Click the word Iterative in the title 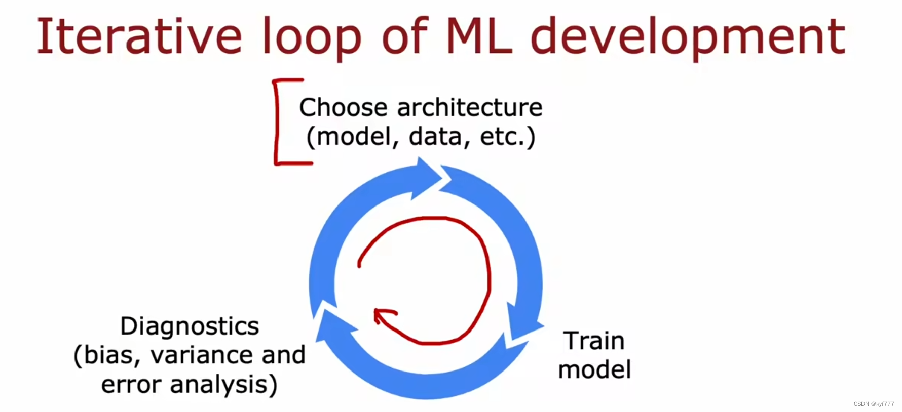coord(139,36)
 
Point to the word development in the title coord(688,38)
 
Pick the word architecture coord(470,107)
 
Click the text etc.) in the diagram coord(507,137)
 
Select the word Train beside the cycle coord(594,341)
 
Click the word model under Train coord(594,369)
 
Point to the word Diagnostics coord(190,326)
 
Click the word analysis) coord(224,385)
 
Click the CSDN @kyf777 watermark coord(874,404)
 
